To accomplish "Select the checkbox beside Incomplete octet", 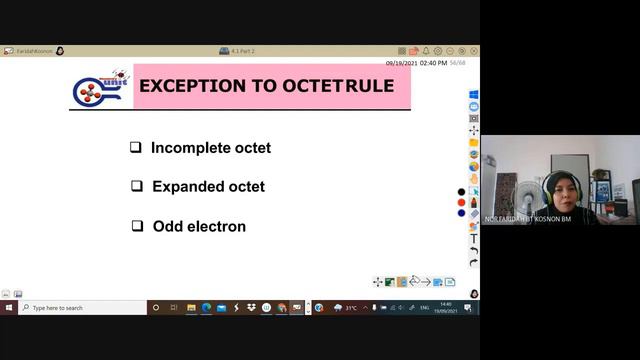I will pyautogui.click(x=135, y=148).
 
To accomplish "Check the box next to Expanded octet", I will pyautogui.click(x=137, y=186).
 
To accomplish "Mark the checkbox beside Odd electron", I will pyautogui.click(x=137, y=226).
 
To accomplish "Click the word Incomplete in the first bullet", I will pyautogui.click(x=186, y=148).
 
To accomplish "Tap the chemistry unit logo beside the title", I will pyautogui.click(x=97, y=87).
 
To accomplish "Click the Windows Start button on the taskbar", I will pyautogui.click(x=9, y=308).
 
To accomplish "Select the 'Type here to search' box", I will pyautogui.click(x=80, y=308).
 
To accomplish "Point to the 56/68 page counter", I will pyautogui.click(x=458, y=62).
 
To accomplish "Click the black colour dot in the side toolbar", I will pyautogui.click(x=461, y=192).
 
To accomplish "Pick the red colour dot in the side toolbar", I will pyautogui.click(x=461, y=202).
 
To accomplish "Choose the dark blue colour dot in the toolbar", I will pyautogui.click(x=461, y=212).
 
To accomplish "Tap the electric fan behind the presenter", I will pyautogui.click(x=506, y=190).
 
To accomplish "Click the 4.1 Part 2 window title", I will pyautogui.click(x=243, y=51).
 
